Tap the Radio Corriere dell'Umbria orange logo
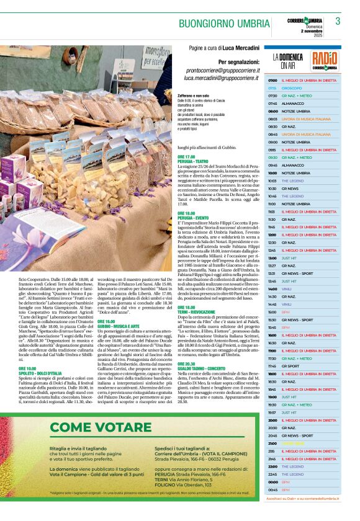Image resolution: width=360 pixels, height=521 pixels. (325, 60)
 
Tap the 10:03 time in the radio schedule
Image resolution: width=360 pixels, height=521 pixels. (272, 180)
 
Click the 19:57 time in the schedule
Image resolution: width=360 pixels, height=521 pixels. (272, 412)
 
